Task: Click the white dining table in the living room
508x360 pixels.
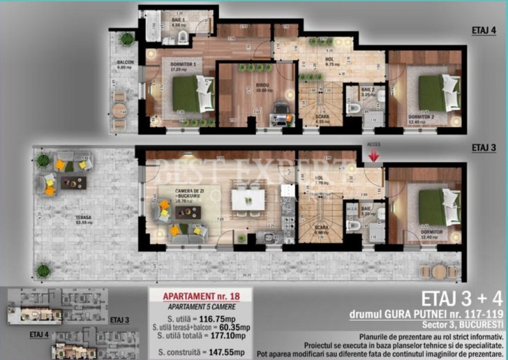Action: coord(247,199)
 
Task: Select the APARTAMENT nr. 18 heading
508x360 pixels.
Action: coord(201,296)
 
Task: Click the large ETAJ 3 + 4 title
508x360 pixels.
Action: coord(462,299)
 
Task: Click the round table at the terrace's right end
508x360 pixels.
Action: coord(440,272)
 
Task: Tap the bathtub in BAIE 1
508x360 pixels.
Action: coord(154,27)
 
